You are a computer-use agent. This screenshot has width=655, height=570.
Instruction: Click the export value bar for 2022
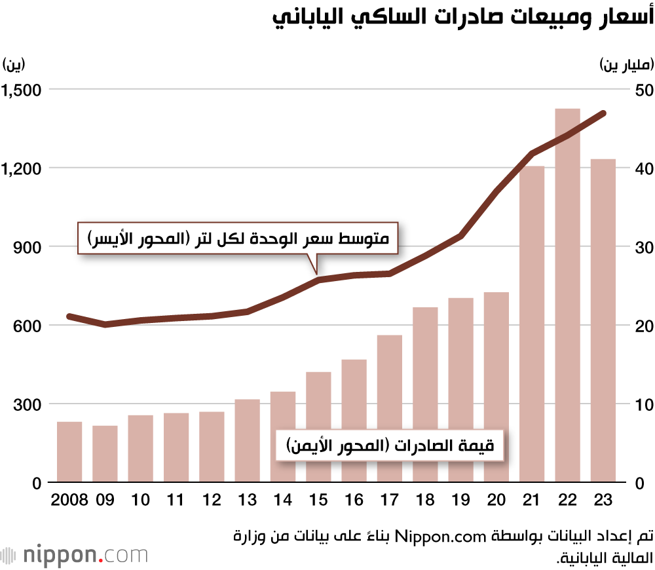(x=568, y=295)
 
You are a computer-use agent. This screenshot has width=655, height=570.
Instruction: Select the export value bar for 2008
(x=69, y=452)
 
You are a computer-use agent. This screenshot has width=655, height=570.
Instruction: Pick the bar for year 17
(x=390, y=409)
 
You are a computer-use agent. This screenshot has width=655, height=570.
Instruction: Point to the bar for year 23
(x=603, y=320)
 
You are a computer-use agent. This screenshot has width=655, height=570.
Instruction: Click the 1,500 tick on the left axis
(x=21, y=90)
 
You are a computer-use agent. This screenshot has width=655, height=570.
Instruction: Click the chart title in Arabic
(x=463, y=18)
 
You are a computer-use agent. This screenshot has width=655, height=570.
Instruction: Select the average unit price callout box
(x=240, y=239)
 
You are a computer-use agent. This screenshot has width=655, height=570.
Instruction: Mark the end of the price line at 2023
(x=603, y=113)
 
